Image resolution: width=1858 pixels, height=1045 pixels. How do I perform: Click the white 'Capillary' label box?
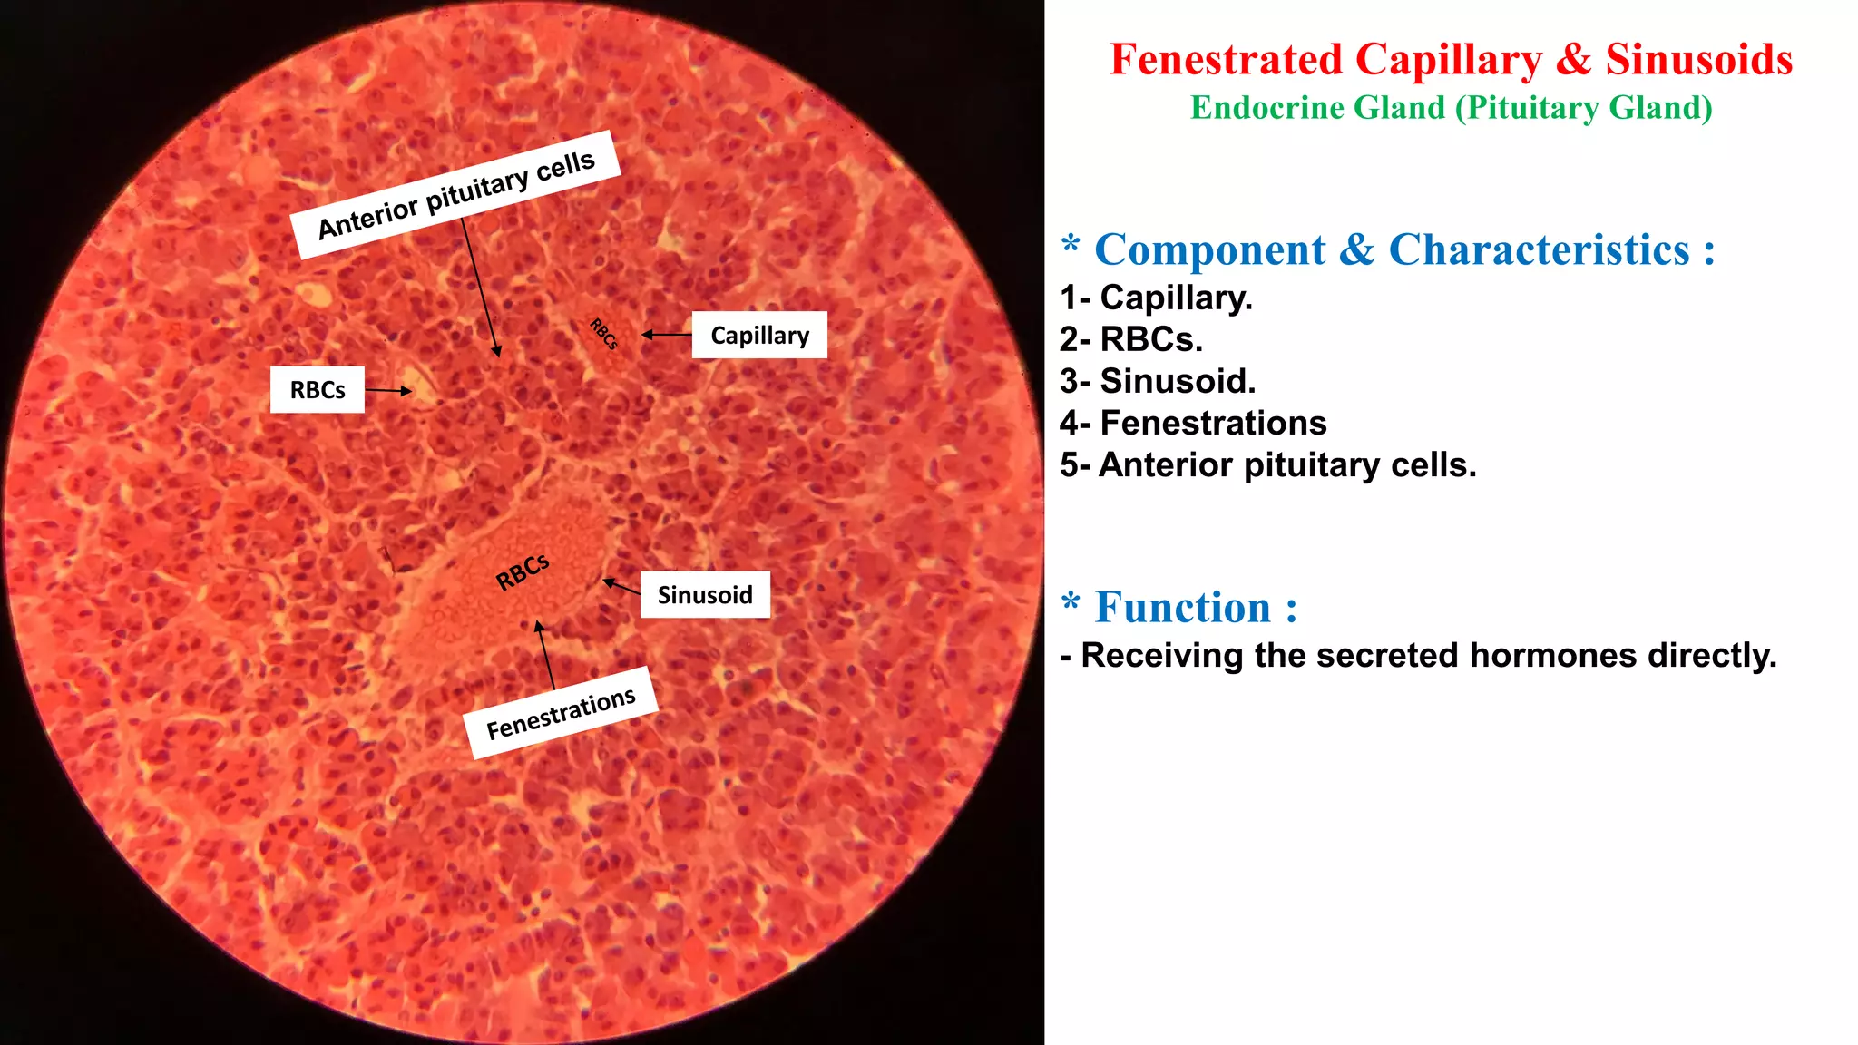pos(759,335)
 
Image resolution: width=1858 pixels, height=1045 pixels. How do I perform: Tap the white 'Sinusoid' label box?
pos(705,595)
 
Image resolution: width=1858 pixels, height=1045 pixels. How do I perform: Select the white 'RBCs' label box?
pos(318,390)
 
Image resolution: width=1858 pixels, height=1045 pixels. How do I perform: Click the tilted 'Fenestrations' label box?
pos(561,713)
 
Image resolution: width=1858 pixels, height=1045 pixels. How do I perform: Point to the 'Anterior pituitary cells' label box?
pos(456,195)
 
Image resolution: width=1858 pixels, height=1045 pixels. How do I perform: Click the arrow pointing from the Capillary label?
pos(667,335)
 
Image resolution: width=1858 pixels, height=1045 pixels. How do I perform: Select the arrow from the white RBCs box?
pos(388,391)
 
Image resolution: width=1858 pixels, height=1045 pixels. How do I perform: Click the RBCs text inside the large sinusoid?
pos(523,571)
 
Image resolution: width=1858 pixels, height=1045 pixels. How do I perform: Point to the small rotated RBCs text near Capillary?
pos(604,334)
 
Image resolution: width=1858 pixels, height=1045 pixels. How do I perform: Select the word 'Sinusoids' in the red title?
pos(1698,60)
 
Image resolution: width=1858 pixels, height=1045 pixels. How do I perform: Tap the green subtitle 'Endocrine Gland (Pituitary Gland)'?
pos(1451,108)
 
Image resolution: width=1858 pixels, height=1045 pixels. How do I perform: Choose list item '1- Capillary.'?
pos(1156,298)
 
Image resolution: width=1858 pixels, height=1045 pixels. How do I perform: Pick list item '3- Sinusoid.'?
pos(1158,381)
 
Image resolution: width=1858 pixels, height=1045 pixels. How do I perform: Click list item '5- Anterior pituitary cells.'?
pos(1267,465)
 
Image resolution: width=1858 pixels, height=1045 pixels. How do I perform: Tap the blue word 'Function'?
pos(1182,608)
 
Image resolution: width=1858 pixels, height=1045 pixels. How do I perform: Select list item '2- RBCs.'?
pos(1130,339)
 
